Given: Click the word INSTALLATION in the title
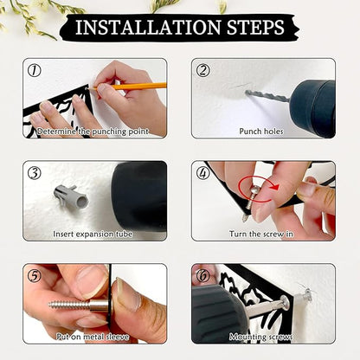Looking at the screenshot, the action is [x=148, y=28].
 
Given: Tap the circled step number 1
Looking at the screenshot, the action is [x=35, y=70].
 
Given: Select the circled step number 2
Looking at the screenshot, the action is [x=203, y=70].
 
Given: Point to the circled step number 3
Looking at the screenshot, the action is [x=35, y=173].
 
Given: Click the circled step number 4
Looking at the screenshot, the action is [x=203, y=173].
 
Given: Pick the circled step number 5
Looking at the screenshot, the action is [x=35, y=276].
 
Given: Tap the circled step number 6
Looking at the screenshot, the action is [x=203, y=276].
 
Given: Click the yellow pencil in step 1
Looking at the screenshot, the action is [x=129, y=87].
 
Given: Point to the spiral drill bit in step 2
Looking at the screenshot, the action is [x=267, y=95].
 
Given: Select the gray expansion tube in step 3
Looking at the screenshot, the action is [x=71, y=197].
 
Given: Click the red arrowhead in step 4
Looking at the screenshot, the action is [x=275, y=187].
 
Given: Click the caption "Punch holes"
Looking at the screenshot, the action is [x=261, y=132].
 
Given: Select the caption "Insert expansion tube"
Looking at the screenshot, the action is [x=93, y=234].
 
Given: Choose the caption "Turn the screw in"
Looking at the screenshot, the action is [x=261, y=234].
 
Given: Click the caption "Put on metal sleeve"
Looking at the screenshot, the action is [x=93, y=337].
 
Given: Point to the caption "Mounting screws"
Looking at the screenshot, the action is [x=261, y=337].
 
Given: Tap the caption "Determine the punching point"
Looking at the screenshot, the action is [x=93, y=132].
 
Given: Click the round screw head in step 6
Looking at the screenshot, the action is [x=285, y=303].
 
